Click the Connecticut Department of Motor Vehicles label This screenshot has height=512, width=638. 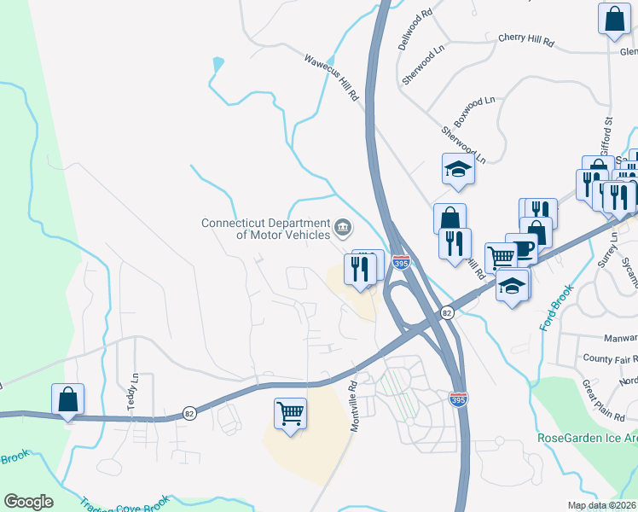point(265,229)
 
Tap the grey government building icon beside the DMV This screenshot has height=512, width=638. point(343,227)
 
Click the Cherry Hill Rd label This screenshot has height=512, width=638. point(525,40)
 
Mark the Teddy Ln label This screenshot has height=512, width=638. point(133,390)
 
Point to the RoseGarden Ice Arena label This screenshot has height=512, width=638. point(587,438)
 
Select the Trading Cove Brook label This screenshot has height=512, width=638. point(128,503)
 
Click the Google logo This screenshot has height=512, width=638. point(28,502)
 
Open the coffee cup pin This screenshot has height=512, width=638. point(521,247)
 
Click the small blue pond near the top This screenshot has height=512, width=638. point(219,63)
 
